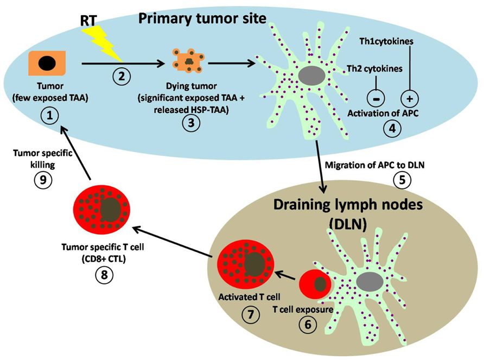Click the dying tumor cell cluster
coord(188,61)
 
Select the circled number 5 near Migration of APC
coord(402,180)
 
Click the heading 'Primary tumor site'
coord(202,18)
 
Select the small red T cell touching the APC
coord(316,285)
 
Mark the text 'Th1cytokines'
coord(386,41)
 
